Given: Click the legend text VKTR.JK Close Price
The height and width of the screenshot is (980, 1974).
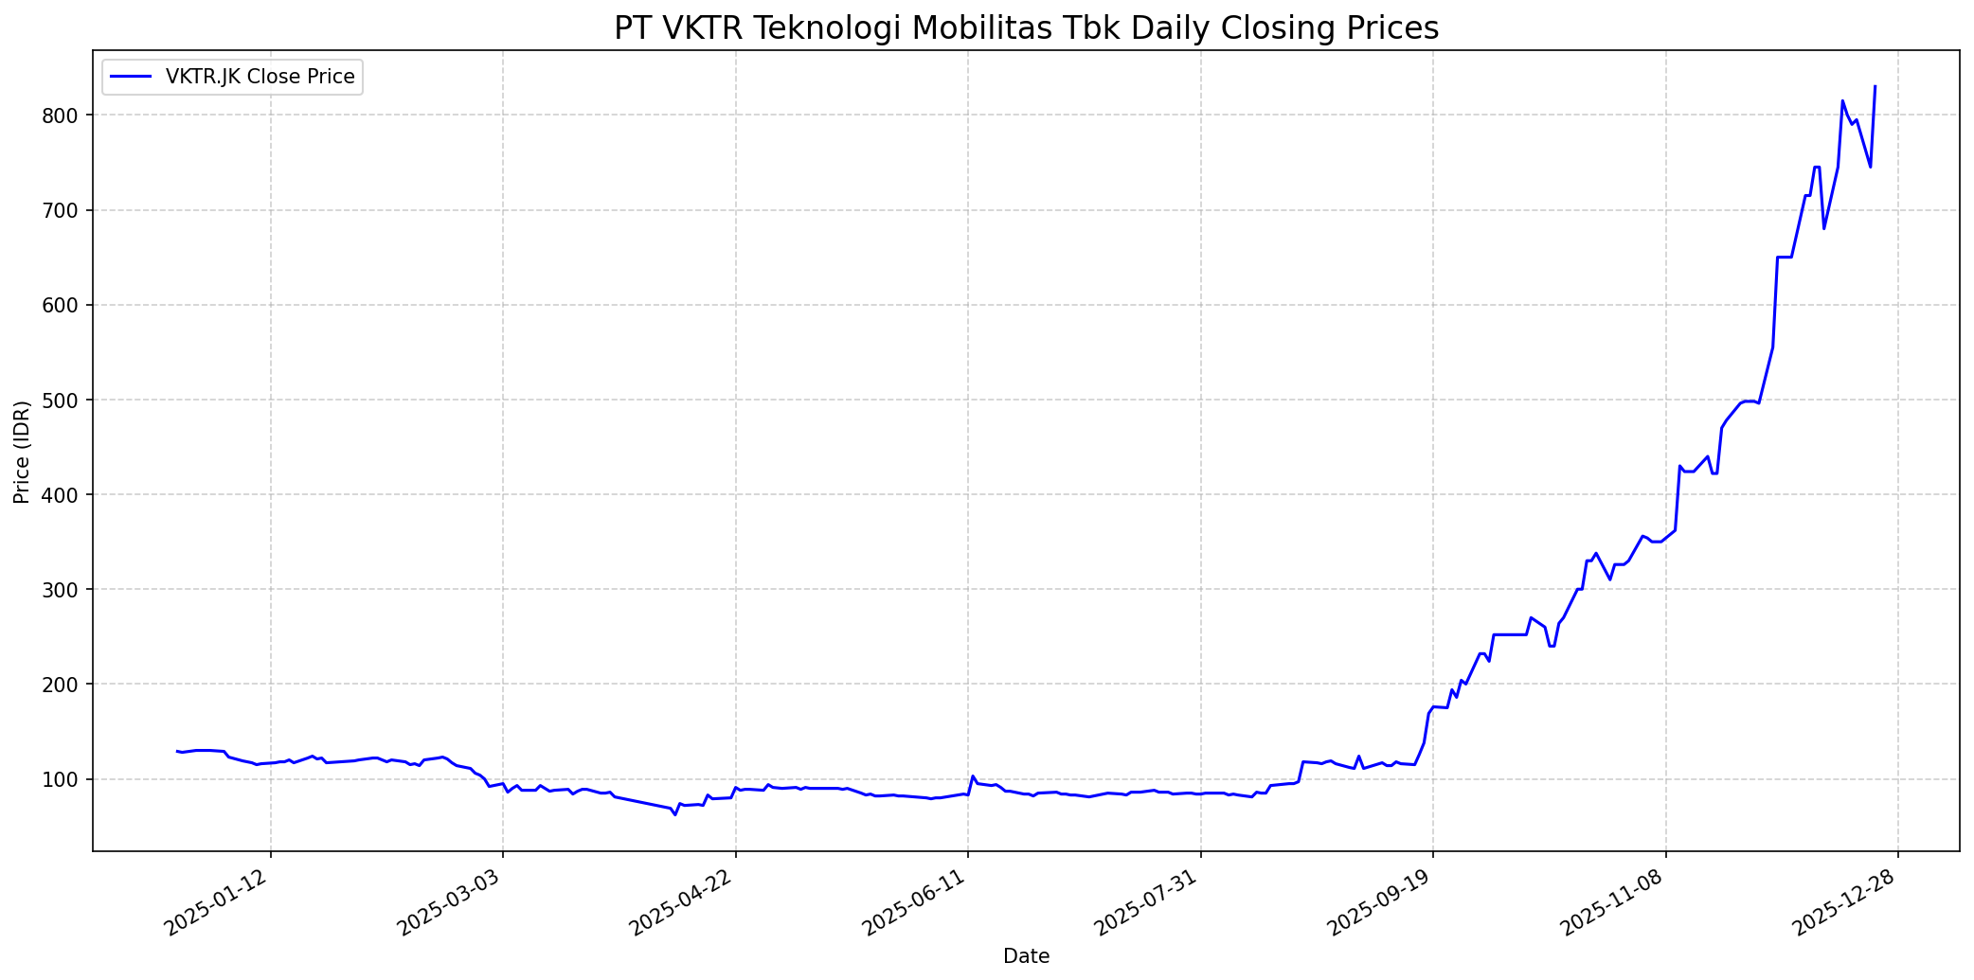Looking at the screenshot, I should coord(260,77).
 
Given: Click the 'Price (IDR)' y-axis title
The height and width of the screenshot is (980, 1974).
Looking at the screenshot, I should coord(22,452).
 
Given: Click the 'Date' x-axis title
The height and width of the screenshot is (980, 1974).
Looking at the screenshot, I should coord(1026,957).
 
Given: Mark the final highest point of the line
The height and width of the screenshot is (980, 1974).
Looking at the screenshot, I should coord(1875,87).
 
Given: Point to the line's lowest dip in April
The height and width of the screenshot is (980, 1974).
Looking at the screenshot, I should coord(675,814).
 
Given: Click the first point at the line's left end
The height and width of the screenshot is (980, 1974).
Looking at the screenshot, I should coord(177,751).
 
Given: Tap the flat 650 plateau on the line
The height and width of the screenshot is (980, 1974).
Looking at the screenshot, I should coord(1784,257).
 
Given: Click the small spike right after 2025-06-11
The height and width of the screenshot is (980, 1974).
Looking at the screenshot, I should coord(973,775).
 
